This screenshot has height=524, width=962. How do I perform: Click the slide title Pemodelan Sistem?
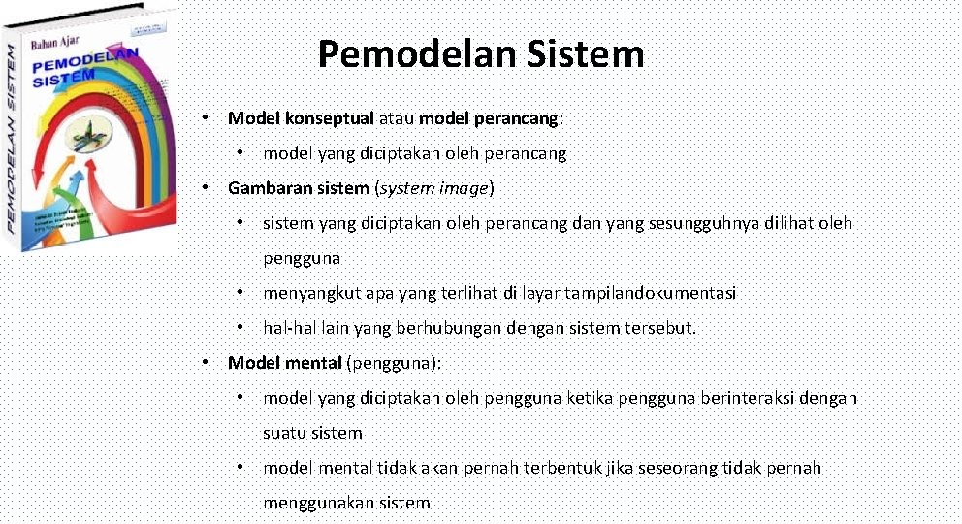pos(480,54)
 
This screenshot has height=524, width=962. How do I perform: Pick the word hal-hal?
pos(287,328)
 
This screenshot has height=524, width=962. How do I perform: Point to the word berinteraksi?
pos(750,398)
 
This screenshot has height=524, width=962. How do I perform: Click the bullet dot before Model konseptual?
pos(207,117)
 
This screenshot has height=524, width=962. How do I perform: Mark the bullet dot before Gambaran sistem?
pos(207,187)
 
